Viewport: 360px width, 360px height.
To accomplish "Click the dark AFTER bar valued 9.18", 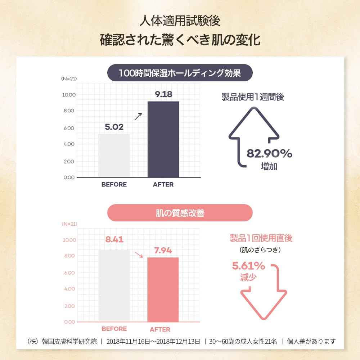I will click(x=163, y=139).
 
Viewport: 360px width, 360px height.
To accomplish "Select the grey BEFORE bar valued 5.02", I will click(x=114, y=156).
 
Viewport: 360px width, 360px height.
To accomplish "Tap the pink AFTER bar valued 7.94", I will click(x=163, y=289).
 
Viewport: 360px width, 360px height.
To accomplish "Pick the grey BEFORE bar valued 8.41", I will click(x=114, y=285).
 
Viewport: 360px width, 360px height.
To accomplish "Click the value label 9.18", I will click(x=163, y=95).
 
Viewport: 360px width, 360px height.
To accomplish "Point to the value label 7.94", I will click(x=163, y=250).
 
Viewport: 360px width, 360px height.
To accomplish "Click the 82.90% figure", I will click(x=269, y=154).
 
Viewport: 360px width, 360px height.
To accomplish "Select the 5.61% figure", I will click(x=248, y=266).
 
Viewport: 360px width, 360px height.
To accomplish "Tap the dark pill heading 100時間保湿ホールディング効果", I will click(x=180, y=73).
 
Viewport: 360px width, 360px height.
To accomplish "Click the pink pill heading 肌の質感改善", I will click(x=180, y=213).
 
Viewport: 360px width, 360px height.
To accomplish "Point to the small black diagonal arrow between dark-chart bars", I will click(x=138, y=116).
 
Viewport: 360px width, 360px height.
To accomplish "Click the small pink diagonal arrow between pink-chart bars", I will click(x=139, y=255).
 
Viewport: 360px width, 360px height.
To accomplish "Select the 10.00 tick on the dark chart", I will click(x=69, y=95).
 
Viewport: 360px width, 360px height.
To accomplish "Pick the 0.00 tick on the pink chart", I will click(x=69, y=322).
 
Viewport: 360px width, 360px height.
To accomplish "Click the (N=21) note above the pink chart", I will click(x=69, y=224).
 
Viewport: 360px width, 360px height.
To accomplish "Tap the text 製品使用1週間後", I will click(x=253, y=97).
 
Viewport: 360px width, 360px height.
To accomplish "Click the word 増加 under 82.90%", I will click(x=269, y=167).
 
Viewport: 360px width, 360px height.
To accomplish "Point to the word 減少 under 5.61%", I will click(x=248, y=278).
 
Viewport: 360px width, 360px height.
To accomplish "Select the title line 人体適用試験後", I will click(x=180, y=21).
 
